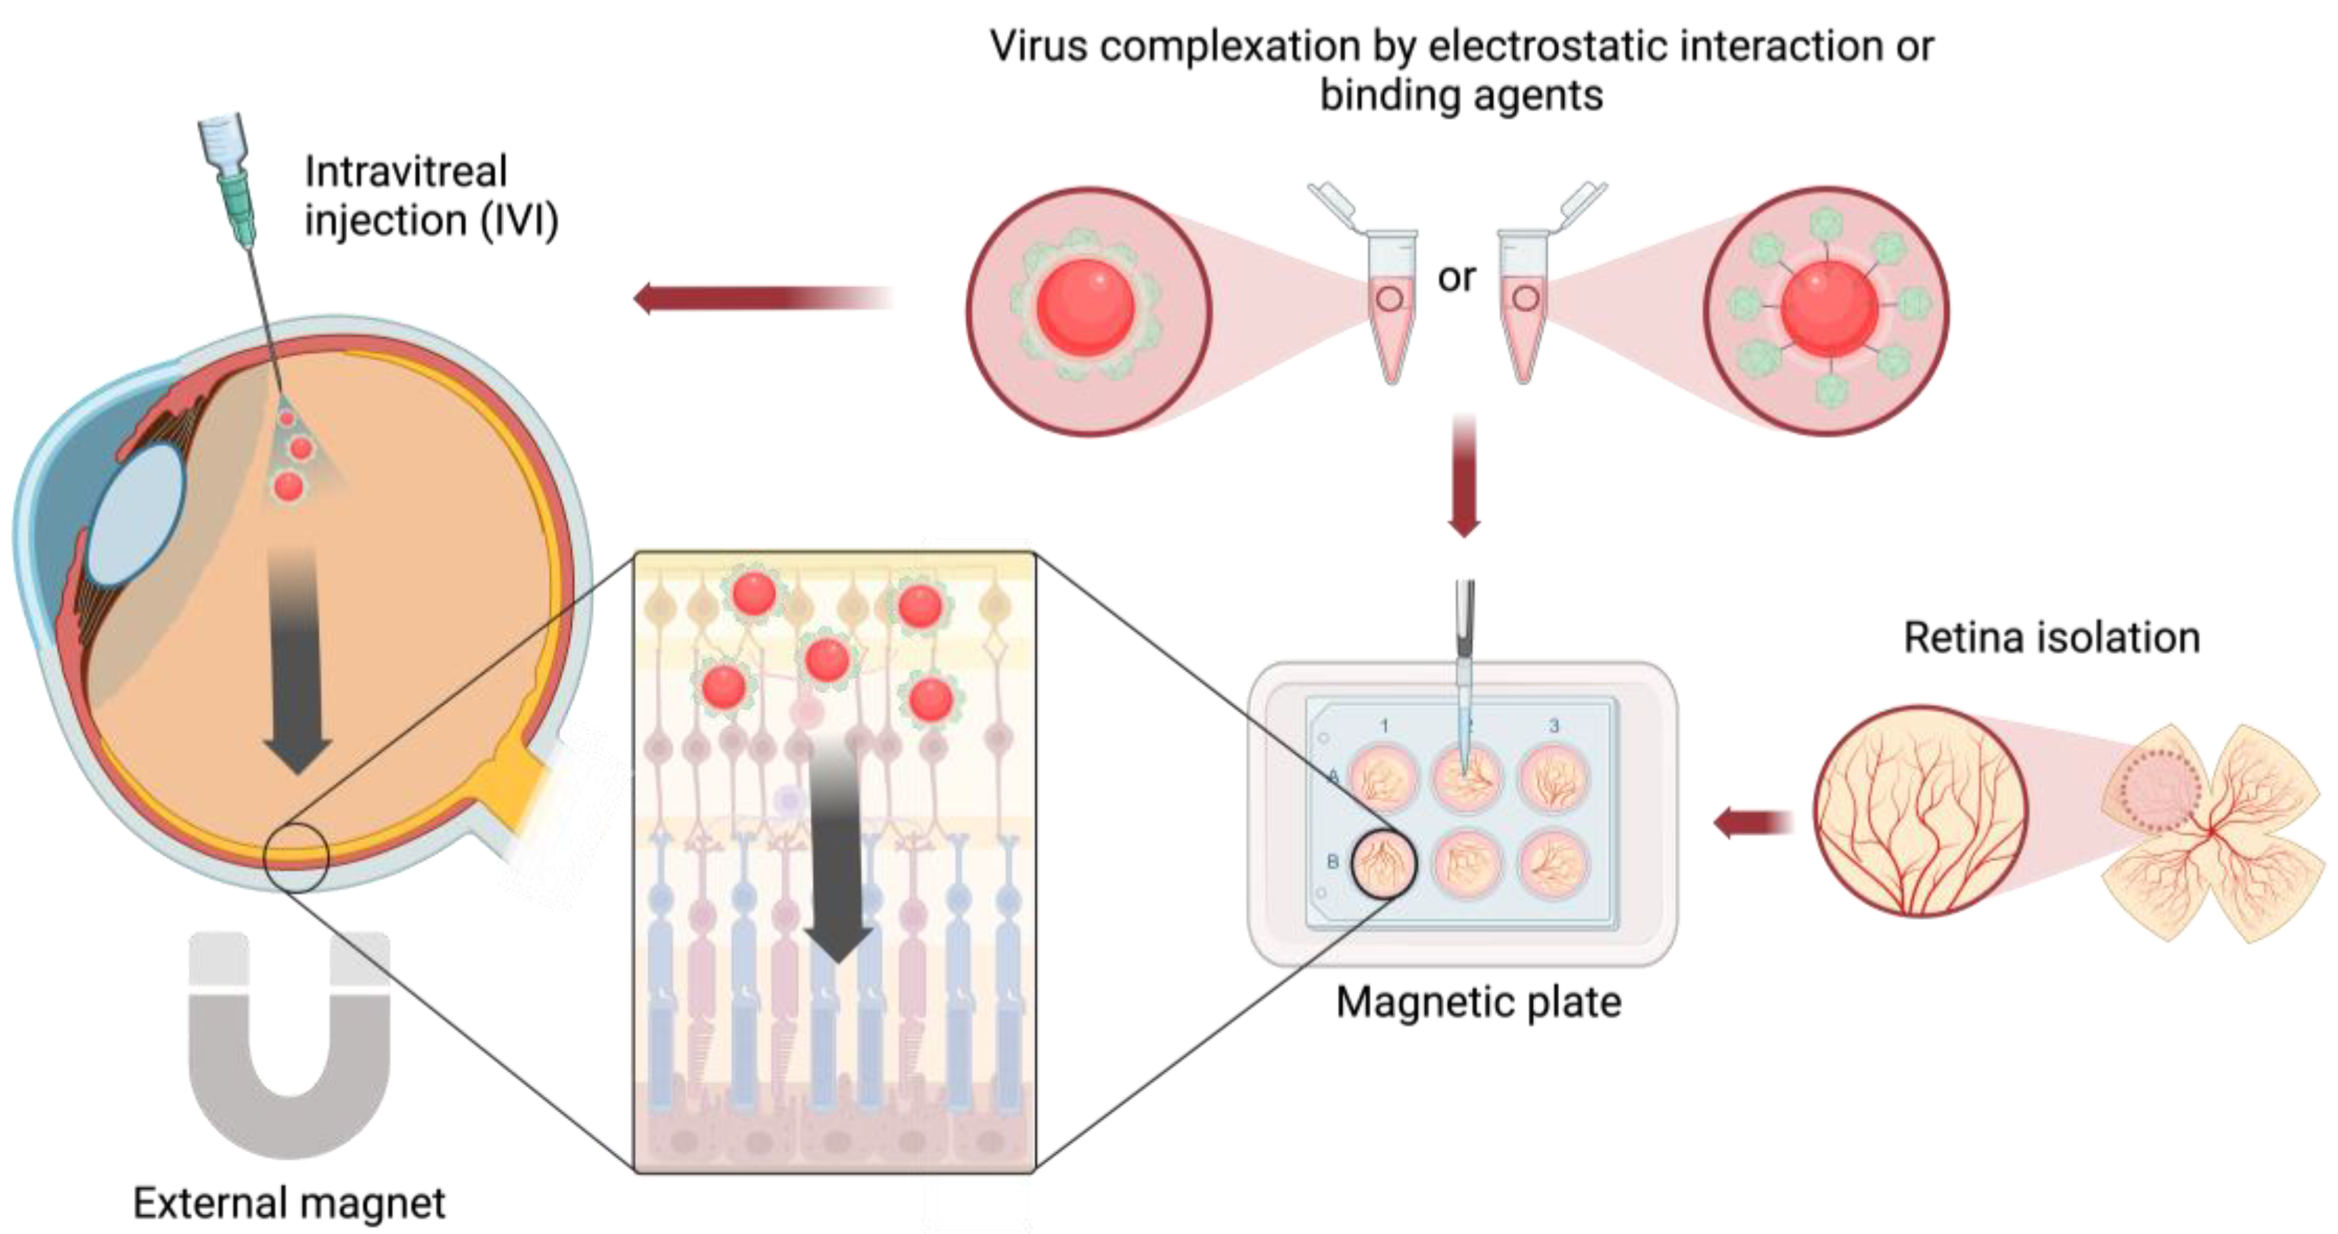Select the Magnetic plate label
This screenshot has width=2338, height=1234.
tap(1478, 1002)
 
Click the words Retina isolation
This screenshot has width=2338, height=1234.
tap(2051, 637)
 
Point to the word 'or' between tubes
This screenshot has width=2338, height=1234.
tap(1456, 277)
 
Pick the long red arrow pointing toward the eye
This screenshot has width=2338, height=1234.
tap(762, 298)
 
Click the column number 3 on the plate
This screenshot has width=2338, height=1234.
tap(1554, 726)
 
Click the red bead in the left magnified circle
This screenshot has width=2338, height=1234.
tap(1086, 307)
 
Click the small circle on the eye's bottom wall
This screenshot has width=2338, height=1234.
tap(296, 858)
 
